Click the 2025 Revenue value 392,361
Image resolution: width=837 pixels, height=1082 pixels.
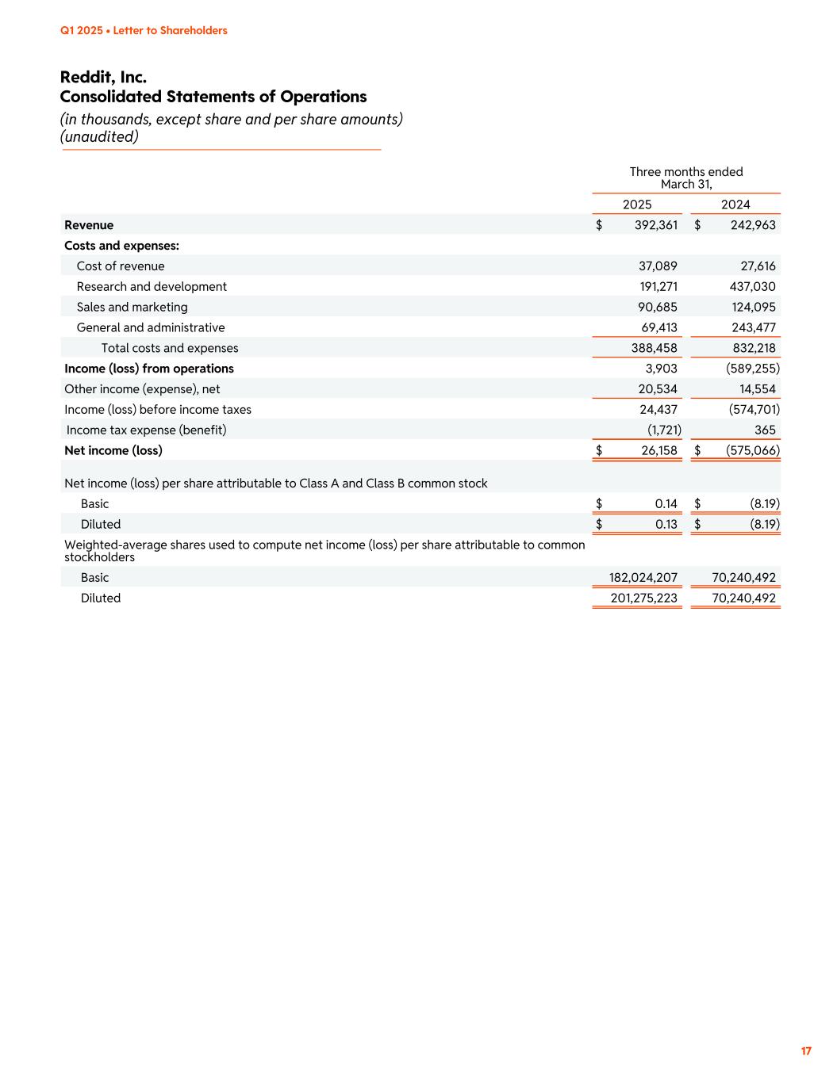click(656, 225)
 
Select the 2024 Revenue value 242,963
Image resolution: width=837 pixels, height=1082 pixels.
click(753, 225)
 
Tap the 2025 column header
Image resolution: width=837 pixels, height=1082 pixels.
click(637, 205)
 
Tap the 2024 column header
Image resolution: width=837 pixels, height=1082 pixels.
click(735, 205)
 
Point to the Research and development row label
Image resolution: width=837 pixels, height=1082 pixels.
click(152, 287)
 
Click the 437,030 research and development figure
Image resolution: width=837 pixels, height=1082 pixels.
click(752, 287)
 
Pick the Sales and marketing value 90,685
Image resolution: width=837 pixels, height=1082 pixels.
click(658, 308)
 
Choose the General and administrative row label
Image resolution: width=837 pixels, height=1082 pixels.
click(151, 328)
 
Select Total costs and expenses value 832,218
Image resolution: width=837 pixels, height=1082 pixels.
click(754, 348)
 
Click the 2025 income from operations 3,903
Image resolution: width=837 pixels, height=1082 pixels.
click(662, 369)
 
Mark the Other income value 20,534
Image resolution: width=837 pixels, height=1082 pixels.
click(658, 389)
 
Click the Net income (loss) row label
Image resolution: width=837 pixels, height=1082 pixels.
click(113, 450)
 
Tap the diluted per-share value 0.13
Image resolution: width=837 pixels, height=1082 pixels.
click(666, 525)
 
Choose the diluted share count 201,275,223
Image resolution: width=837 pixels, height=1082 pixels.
click(643, 598)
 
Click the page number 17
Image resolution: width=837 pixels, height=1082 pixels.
click(806, 1051)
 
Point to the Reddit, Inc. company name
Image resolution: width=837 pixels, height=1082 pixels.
click(103, 77)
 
